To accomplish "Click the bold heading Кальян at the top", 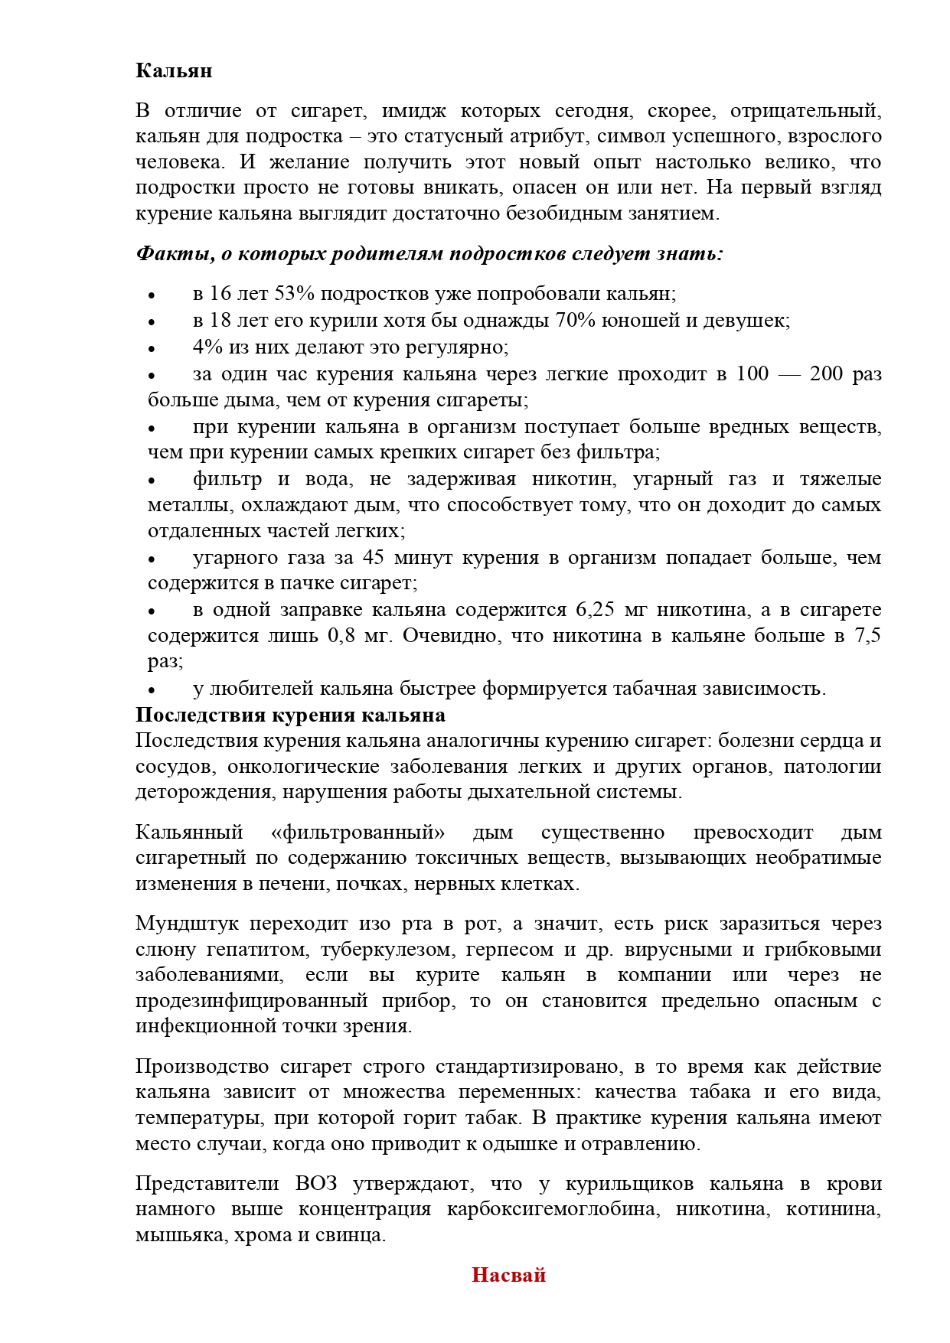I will point(174,70).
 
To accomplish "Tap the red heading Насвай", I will point(508,1274).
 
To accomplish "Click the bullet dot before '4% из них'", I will point(152,348).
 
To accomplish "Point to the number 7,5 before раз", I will point(867,636).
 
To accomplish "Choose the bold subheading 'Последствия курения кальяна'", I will point(290,715).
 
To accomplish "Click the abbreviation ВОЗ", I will point(316,1183).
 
